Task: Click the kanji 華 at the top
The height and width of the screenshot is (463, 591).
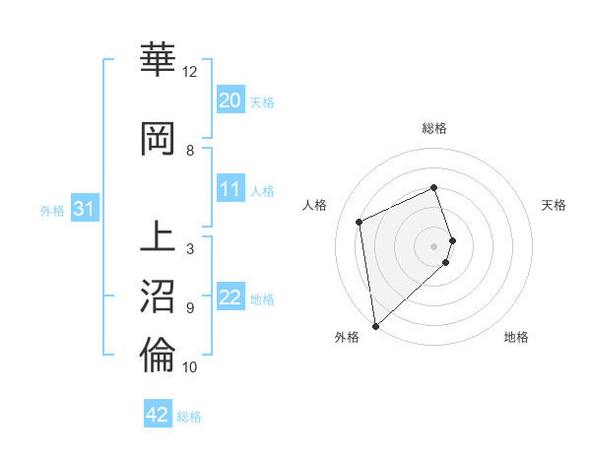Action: click(158, 60)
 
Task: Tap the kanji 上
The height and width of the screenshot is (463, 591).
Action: click(158, 237)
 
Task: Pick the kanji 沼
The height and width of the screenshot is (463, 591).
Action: click(158, 297)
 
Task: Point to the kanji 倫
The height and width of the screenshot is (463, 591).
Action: click(158, 356)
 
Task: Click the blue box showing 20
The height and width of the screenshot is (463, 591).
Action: click(230, 100)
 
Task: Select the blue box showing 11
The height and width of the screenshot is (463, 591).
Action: click(230, 189)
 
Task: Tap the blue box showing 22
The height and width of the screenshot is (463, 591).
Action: click(230, 298)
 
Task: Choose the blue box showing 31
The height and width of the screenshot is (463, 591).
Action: click(84, 209)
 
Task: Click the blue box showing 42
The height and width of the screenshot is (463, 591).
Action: click(158, 415)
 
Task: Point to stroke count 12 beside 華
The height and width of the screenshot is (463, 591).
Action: click(190, 72)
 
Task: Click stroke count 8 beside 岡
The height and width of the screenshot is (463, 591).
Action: click(190, 150)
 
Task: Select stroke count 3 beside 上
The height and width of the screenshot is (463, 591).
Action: click(190, 249)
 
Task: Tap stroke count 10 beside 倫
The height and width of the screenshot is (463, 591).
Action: click(190, 367)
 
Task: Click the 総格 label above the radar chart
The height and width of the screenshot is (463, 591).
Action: click(434, 128)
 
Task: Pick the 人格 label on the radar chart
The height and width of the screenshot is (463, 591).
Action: click(315, 205)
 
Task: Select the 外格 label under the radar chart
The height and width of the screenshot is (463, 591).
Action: click(347, 337)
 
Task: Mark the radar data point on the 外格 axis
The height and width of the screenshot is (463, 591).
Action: click(374, 325)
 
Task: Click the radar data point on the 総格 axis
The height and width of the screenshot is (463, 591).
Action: click(433, 188)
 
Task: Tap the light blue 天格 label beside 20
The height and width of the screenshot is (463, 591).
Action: click(262, 101)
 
